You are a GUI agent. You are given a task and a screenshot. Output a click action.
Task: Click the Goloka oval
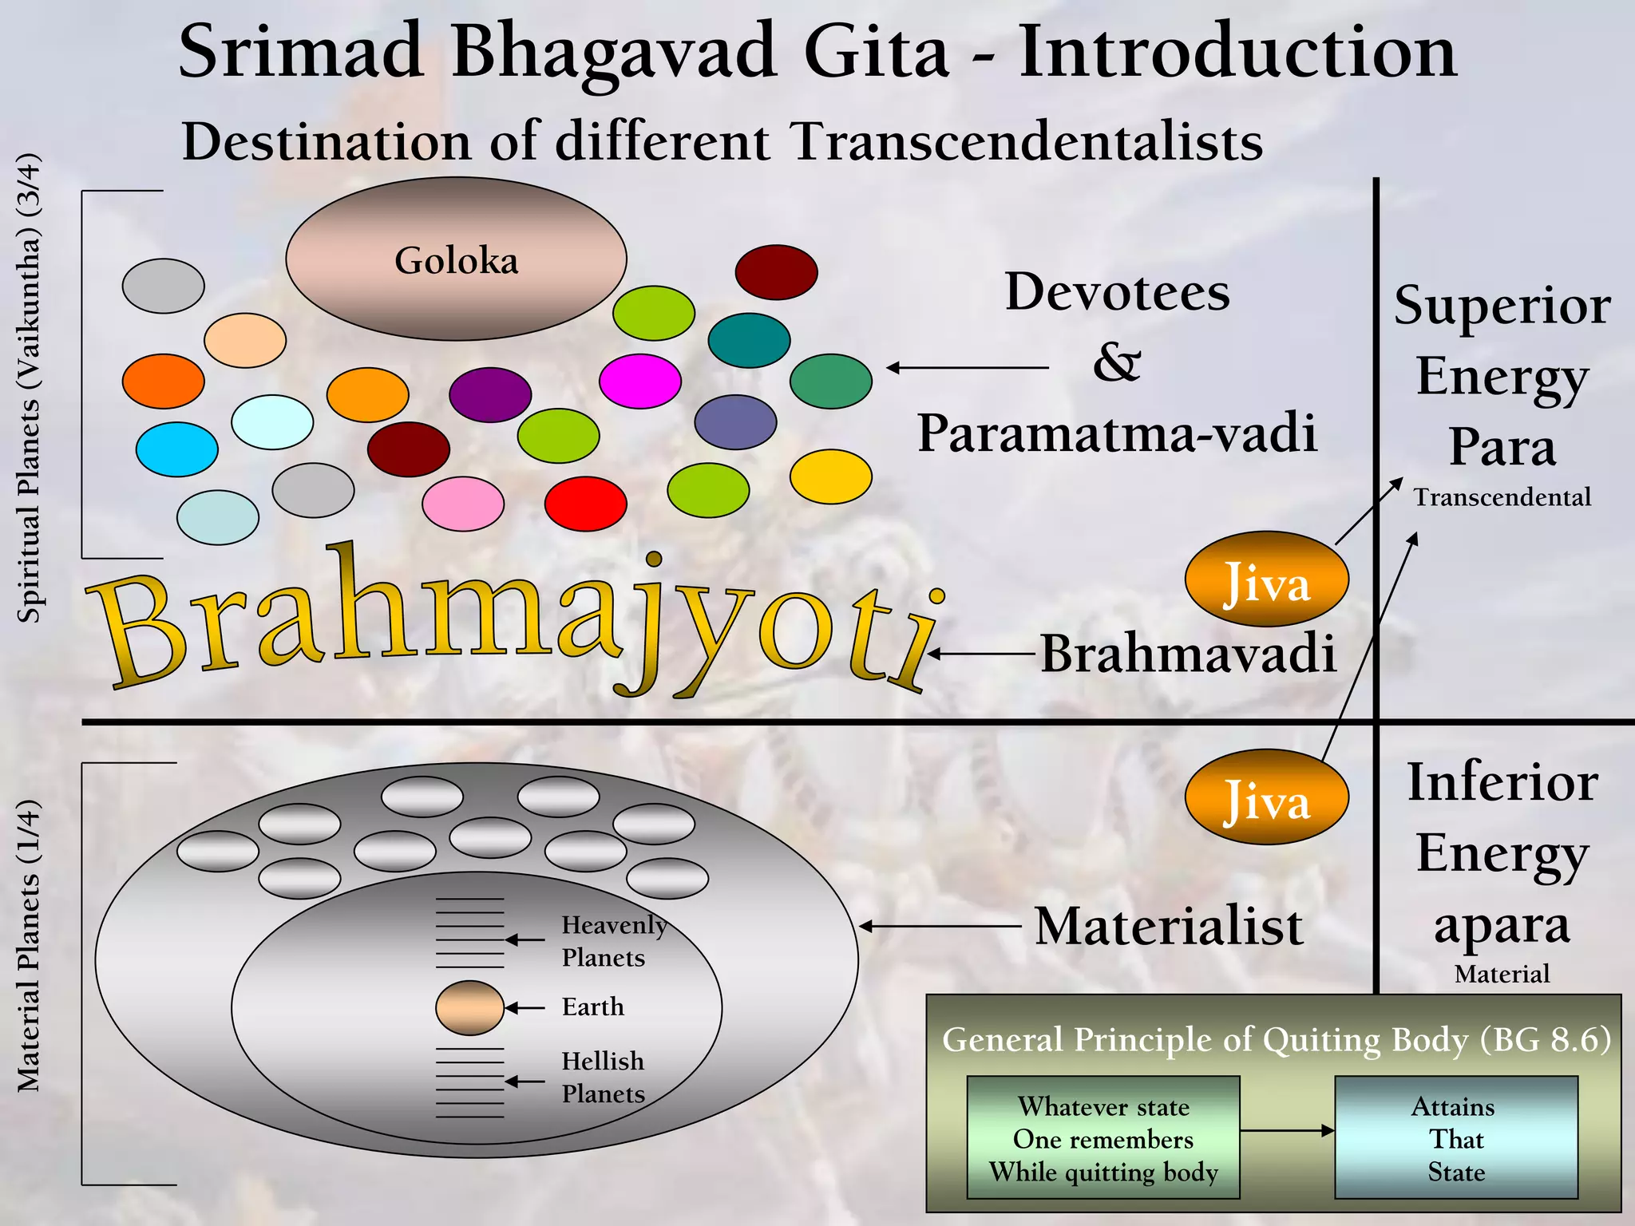click(456, 259)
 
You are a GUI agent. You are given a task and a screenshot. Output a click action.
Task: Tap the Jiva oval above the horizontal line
click(1266, 579)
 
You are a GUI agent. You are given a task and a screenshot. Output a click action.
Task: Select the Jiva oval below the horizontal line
click(1266, 797)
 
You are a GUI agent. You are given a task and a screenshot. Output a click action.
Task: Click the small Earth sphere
click(469, 1007)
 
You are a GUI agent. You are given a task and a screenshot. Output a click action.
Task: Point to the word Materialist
click(1169, 927)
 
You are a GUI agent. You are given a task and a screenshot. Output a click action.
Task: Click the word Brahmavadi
click(1188, 654)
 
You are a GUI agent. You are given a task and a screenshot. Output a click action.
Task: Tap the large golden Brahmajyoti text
click(511, 623)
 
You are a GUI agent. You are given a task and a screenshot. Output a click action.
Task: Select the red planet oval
click(585, 504)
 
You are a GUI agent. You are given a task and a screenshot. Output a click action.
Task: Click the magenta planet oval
click(639, 381)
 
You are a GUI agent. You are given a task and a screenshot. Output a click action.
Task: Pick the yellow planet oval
click(830, 477)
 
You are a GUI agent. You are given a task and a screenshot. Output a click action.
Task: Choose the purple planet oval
click(489, 394)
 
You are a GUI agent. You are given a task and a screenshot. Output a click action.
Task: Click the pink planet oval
click(462, 504)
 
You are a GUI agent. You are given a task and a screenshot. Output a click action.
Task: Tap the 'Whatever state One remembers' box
click(1103, 1138)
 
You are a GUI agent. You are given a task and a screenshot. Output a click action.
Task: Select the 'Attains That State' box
click(1455, 1138)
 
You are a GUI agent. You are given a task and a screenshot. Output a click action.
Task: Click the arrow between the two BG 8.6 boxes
click(1287, 1130)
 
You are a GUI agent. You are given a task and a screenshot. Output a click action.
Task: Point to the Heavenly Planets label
click(613, 941)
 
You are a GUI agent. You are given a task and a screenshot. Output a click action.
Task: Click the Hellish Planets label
click(603, 1078)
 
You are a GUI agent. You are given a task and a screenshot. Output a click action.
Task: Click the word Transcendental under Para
click(1502, 497)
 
